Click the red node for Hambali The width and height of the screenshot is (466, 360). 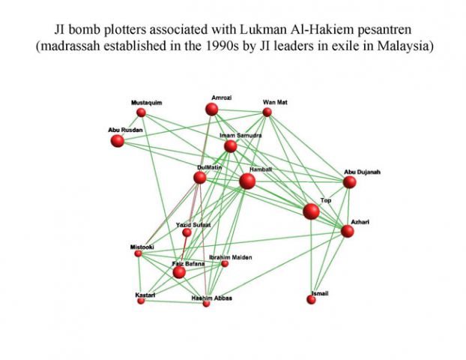click(x=247, y=181)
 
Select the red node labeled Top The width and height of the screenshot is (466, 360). click(x=311, y=211)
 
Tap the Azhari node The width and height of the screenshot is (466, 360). click(x=347, y=231)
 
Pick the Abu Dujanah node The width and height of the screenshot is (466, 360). click(x=350, y=181)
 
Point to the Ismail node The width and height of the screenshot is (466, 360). click(x=311, y=300)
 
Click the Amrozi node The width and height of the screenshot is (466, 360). click(x=212, y=109)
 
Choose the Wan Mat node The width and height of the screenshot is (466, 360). click(x=267, y=112)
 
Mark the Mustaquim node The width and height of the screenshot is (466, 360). click(x=141, y=112)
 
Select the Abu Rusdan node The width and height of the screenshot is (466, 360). click(x=117, y=141)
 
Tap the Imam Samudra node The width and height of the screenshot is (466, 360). click(x=230, y=145)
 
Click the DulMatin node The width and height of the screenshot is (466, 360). click(x=199, y=178)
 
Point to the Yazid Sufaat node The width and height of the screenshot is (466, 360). click(x=187, y=232)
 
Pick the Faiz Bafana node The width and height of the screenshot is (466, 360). click(x=179, y=273)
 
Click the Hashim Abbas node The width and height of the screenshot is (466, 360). click(x=207, y=304)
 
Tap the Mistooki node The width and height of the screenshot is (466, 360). click(x=138, y=253)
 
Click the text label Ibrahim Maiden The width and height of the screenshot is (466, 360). click(x=231, y=257)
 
